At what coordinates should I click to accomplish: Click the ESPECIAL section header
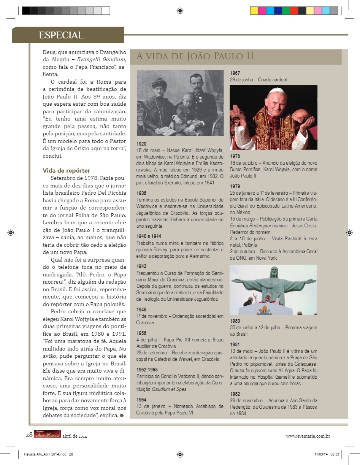point(61,35)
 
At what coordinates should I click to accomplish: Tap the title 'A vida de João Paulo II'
point(195,57)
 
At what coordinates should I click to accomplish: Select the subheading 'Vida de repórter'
point(66,170)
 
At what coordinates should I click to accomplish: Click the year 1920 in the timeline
point(141,144)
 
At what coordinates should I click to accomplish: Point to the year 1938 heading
point(141,193)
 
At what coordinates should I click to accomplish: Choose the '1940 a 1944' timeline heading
point(149,236)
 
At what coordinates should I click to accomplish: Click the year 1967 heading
point(235,73)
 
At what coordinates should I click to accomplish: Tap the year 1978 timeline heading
point(235,156)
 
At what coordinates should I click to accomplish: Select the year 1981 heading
point(235,344)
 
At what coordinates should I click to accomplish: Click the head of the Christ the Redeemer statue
point(274,271)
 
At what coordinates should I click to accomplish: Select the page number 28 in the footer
point(29,435)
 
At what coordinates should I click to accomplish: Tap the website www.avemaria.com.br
point(308,436)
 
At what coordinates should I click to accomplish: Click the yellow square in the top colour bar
point(254,11)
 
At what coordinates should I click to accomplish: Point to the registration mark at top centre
point(180,11)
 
